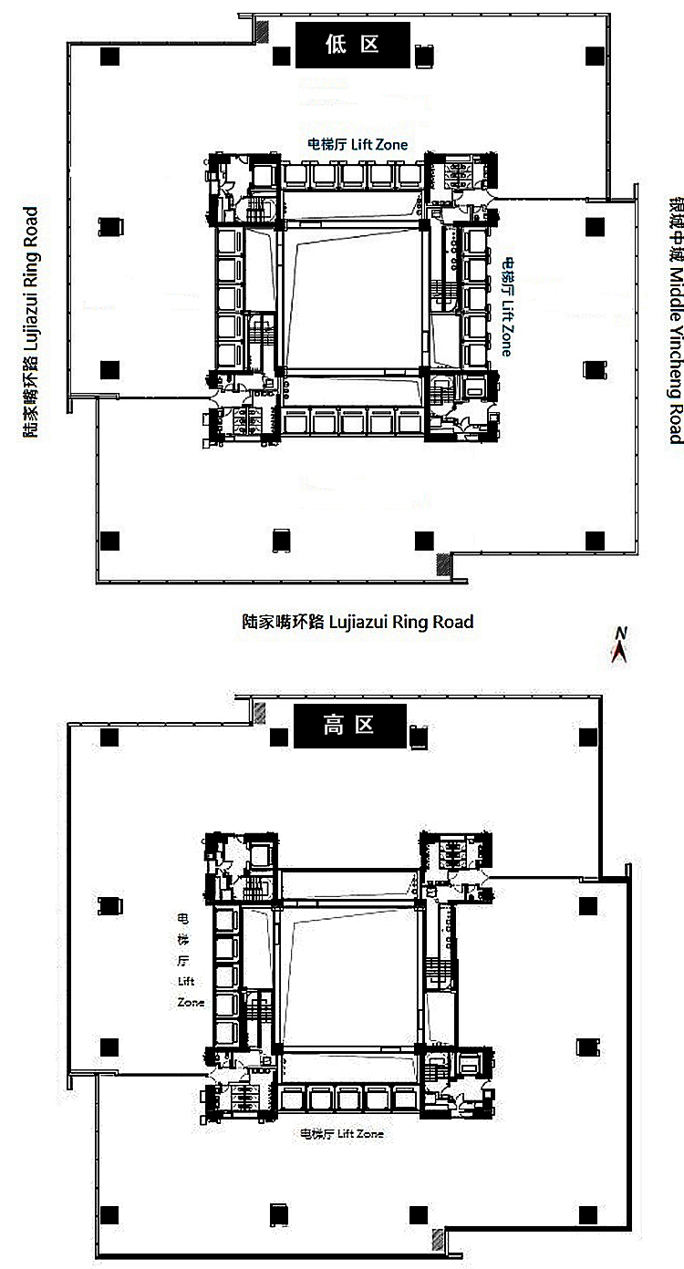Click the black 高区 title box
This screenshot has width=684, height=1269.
[348, 726]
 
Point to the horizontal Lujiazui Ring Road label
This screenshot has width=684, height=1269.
[358, 623]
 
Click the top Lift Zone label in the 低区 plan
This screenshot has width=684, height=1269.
[357, 144]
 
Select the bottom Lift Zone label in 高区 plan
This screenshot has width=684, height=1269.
[342, 1134]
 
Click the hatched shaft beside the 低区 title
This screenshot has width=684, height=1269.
[262, 31]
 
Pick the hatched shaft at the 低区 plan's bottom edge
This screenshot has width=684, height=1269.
[445, 565]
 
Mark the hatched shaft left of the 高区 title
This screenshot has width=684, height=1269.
[260, 712]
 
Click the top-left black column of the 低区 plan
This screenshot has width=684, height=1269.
[109, 57]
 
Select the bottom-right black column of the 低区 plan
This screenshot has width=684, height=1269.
[595, 541]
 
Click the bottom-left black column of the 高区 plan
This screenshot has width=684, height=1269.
[110, 1214]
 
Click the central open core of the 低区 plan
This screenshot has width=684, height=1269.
[351, 298]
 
